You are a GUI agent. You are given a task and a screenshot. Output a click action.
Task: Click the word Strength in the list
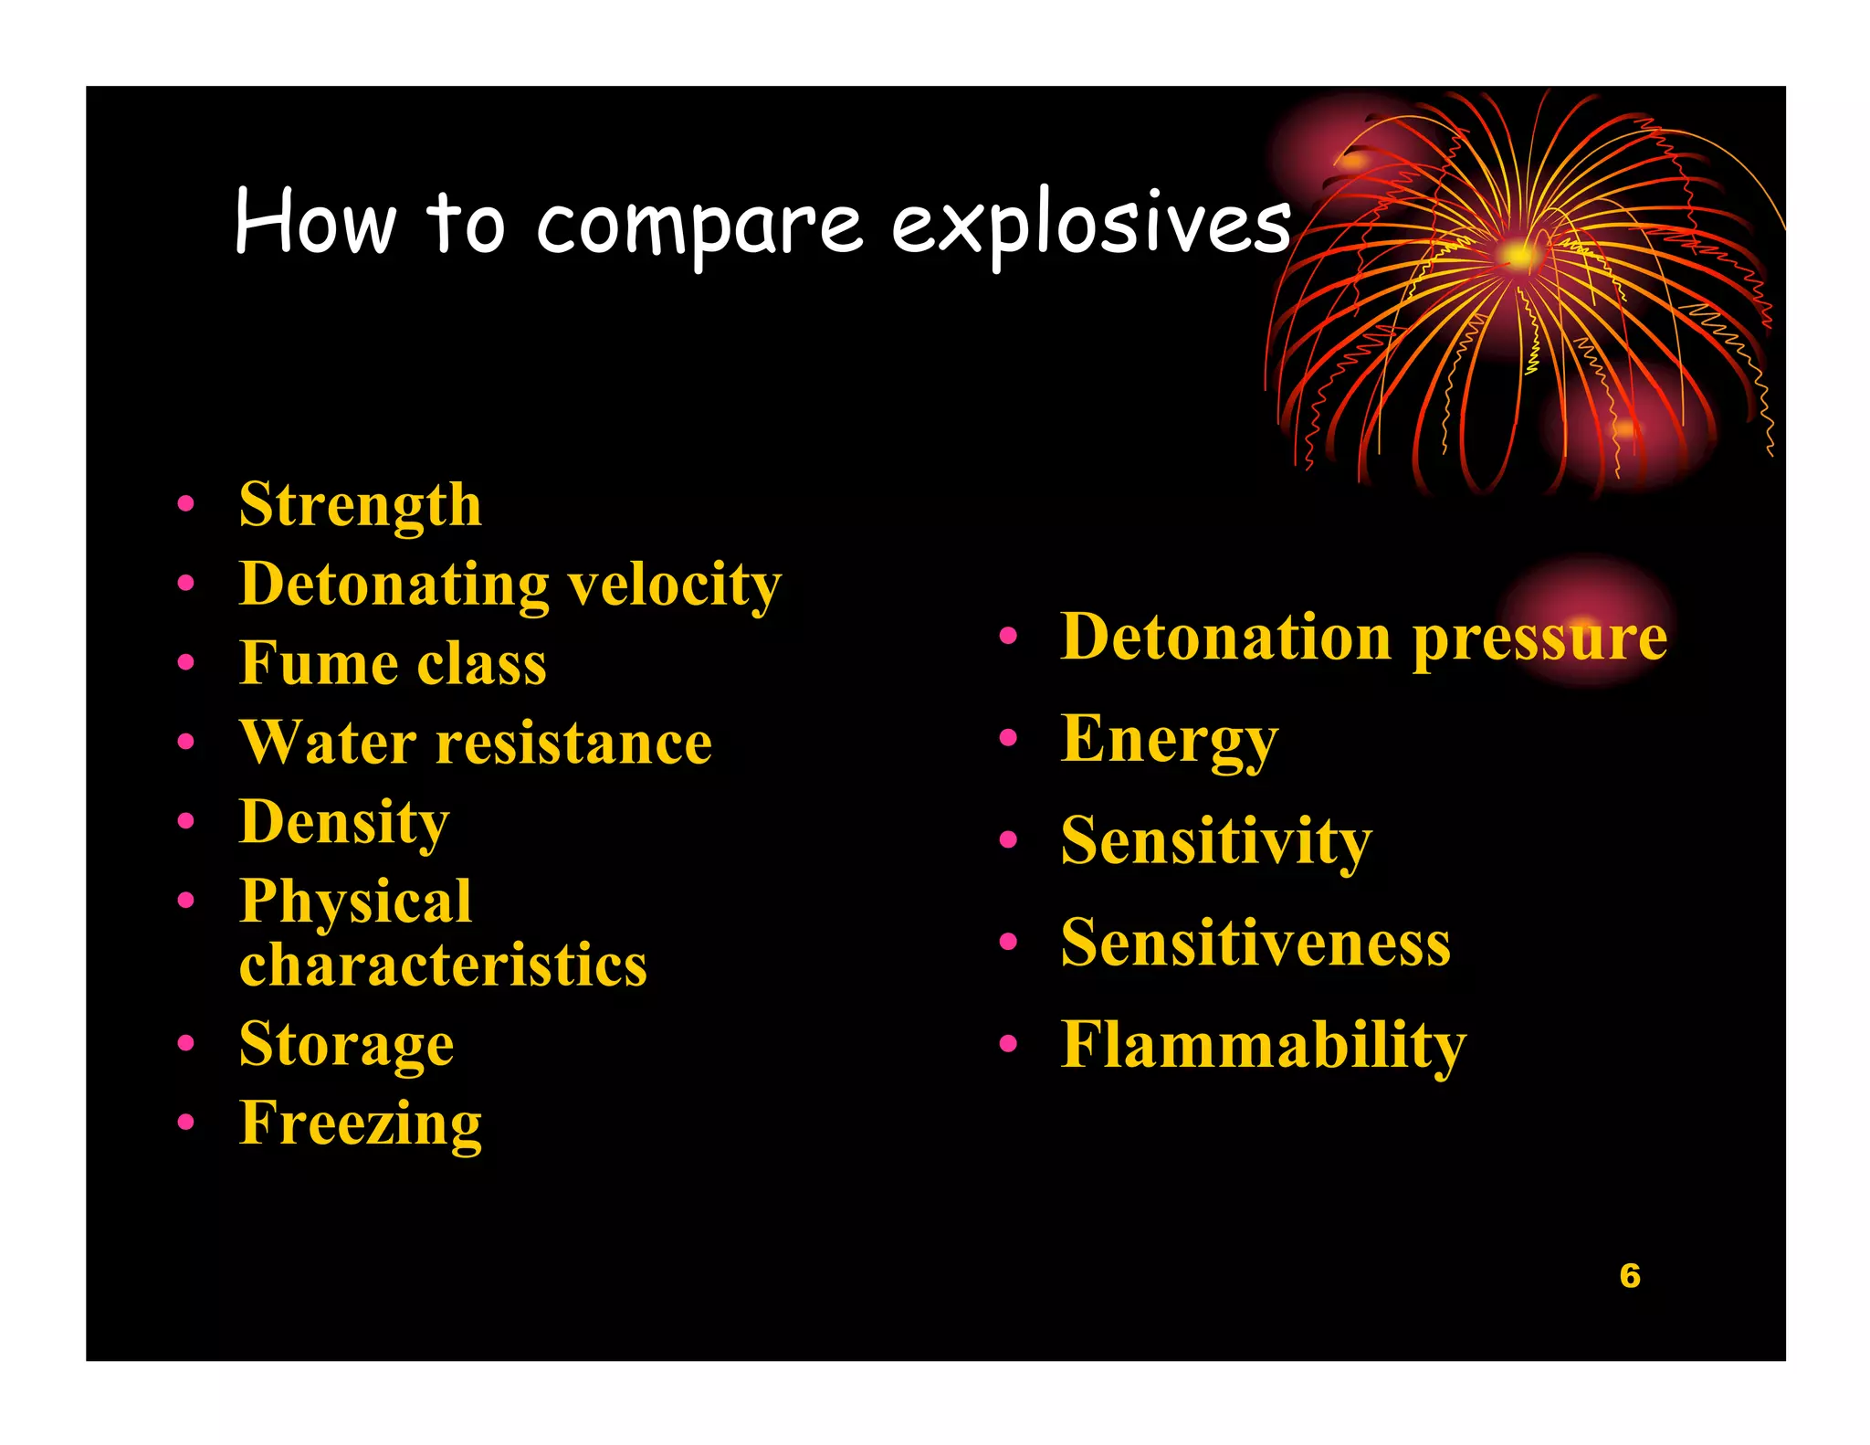click(x=360, y=505)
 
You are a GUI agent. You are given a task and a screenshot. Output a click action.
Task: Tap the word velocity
click(x=675, y=585)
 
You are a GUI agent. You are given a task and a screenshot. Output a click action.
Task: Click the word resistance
click(x=573, y=743)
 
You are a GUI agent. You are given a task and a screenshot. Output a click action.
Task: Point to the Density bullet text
click(x=344, y=822)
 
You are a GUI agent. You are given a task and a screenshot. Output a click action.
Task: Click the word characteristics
click(x=443, y=965)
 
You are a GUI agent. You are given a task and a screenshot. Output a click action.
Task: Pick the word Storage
click(x=346, y=1044)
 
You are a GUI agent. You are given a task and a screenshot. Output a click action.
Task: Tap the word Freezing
click(x=360, y=1123)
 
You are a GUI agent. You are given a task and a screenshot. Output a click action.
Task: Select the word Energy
click(x=1169, y=740)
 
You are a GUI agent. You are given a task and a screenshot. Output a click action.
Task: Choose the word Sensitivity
click(x=1215, y=841)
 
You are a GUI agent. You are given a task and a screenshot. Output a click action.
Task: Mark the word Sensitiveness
click(x=1255, y=943)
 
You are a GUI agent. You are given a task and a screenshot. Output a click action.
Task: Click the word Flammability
click(x=1263, y=1045)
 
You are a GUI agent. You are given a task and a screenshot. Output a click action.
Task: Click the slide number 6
click(x=1630, y=1276)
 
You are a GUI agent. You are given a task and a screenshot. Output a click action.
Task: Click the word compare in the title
click(x=699, y=226)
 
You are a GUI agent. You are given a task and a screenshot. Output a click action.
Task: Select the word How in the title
click(x=315, y=222)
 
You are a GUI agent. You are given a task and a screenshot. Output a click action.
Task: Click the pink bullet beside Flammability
click(x=1008, y=1044)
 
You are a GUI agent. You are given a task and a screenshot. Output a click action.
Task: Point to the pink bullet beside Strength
click(x=186, y=503)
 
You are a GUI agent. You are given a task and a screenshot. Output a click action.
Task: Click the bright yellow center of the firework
click(x=1518, y=255)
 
